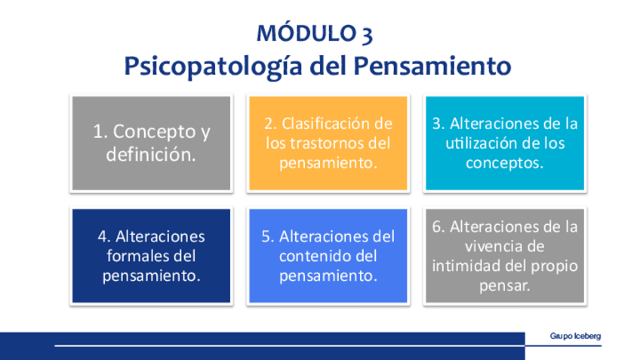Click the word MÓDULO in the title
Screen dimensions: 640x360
306,32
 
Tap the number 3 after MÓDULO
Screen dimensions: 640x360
368,34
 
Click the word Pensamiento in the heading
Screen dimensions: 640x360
432,66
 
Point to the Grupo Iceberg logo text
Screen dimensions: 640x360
575,336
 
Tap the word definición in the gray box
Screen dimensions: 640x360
151,155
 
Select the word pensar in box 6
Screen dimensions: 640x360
504,286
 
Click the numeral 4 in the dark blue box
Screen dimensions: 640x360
102,237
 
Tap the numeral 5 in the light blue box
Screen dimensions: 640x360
266,237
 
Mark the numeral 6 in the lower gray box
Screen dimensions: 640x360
437,226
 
